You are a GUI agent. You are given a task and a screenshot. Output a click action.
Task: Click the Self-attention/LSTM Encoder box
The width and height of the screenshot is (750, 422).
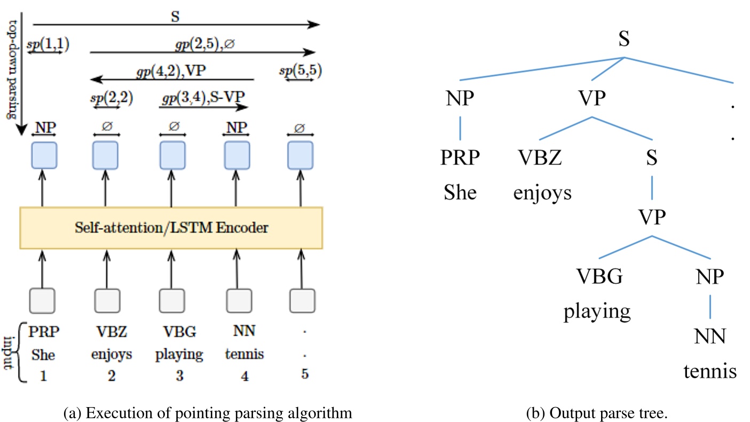coord(171,228)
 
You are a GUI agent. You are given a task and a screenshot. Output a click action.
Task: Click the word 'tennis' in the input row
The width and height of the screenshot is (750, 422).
coord(244,354)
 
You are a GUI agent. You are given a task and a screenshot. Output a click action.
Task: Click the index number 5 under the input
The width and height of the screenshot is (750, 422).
coord(305,375)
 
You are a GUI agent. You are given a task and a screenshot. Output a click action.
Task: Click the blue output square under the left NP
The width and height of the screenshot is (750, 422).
coord(44,155)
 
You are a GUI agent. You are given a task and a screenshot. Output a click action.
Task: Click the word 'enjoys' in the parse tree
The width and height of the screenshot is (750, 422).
coord(542,192)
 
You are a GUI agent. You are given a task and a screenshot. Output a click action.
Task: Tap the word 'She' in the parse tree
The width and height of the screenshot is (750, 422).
coord(460,192)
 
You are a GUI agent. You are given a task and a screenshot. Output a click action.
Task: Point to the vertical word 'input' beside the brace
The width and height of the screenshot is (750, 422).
coord(9,352)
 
